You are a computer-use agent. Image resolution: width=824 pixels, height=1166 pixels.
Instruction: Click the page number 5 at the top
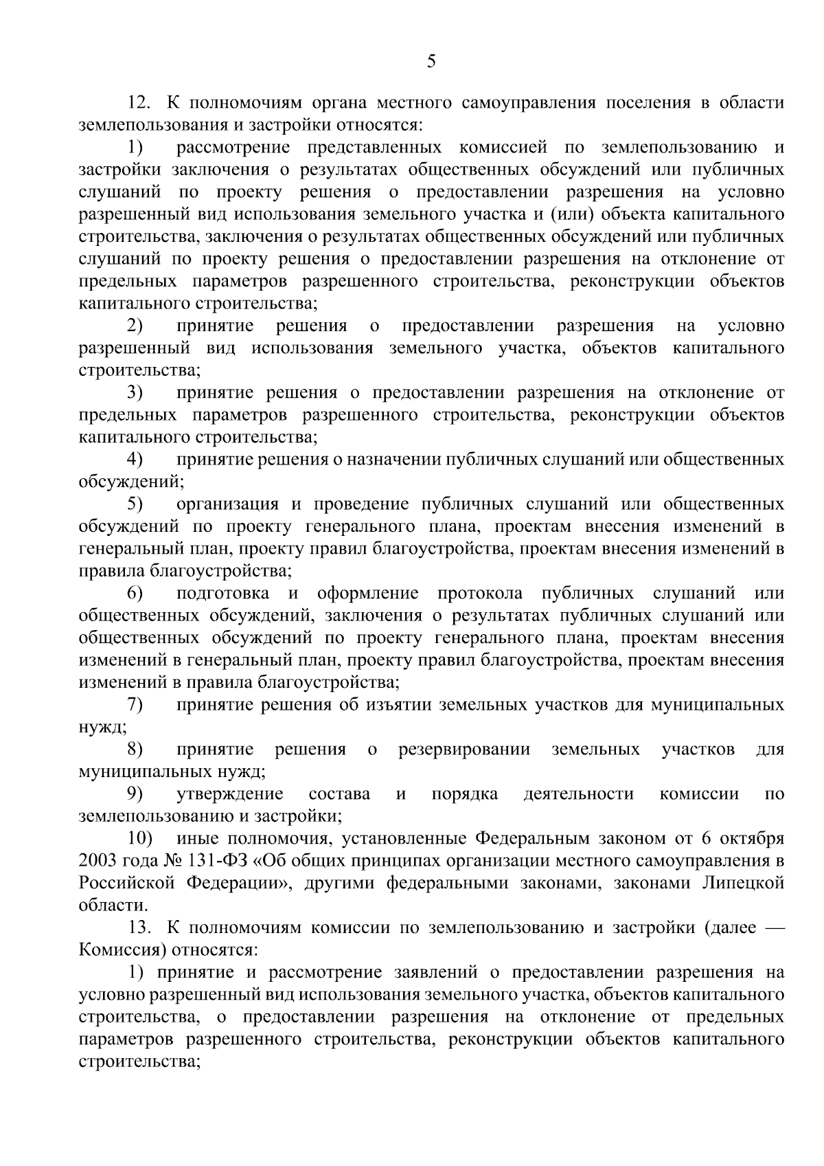coord(431,63)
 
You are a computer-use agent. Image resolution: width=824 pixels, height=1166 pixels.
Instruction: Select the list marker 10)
coord(141,838)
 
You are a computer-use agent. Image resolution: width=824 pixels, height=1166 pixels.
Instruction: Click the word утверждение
coord(230,794)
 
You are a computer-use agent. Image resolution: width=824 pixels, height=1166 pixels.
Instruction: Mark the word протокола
coord(479,593)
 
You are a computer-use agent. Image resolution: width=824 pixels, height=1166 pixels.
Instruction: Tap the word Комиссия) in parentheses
coord(121,950)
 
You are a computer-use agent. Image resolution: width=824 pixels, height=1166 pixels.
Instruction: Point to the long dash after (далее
coord(772,928)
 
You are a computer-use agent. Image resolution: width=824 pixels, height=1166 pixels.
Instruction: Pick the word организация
coord(227,504)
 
